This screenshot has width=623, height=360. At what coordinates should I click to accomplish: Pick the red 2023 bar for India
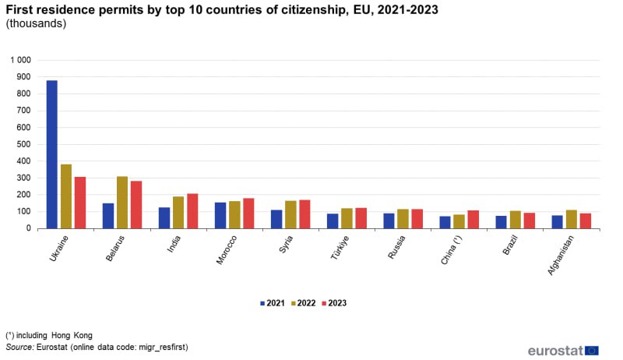pos(192,211)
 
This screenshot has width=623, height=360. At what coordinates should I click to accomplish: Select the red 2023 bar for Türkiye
pos(361,218)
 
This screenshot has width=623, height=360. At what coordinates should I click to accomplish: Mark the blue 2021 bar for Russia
pos(389,221)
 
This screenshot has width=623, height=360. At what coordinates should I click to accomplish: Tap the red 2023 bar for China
pos(473,220)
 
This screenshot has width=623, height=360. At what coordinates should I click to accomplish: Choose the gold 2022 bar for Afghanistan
pos(571,220)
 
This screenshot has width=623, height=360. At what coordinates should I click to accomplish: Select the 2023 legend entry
pos(332,302)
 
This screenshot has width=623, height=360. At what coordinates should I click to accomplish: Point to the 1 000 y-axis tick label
pos(21,60)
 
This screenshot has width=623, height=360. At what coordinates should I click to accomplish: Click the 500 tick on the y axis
pos(24,144)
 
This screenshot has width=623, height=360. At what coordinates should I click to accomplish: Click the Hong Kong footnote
pos(48,335)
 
